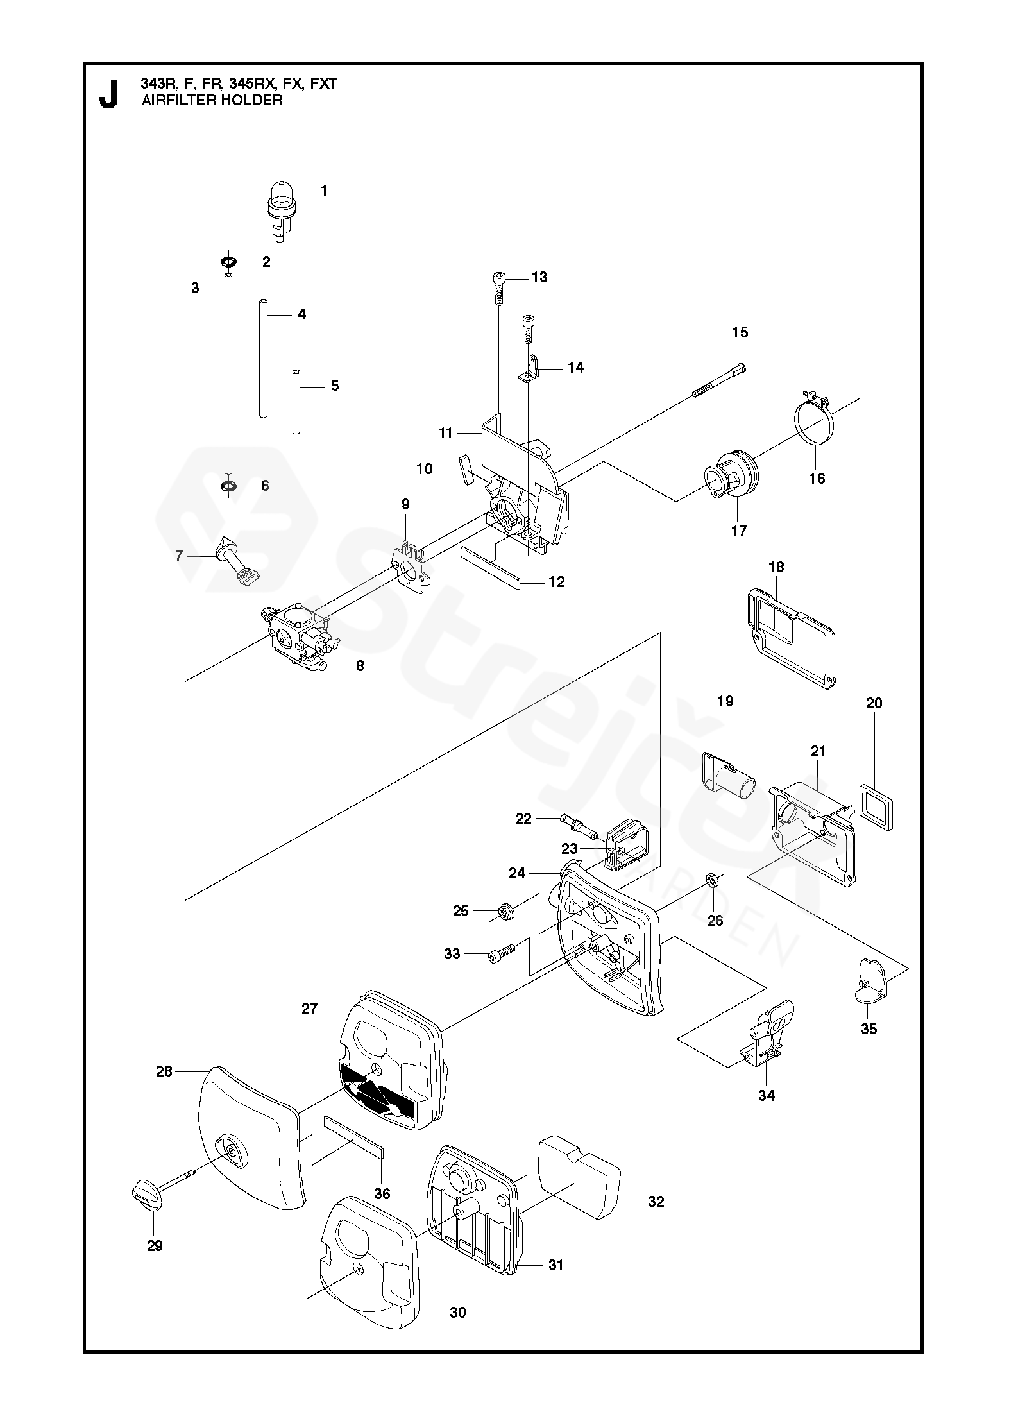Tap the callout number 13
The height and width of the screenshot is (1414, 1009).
coord(539,277)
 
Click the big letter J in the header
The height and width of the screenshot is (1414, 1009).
coord(109,94)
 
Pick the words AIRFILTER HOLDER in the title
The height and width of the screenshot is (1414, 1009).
coord(212,100)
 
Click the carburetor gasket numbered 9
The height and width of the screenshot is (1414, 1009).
coord(409,566)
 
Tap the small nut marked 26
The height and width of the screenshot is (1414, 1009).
coord(711,878)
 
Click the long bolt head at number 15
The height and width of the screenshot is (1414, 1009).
coord(740,366)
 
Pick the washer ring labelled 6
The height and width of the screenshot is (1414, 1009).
coord(227,486)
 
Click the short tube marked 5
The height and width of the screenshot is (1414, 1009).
coord(296,401)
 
